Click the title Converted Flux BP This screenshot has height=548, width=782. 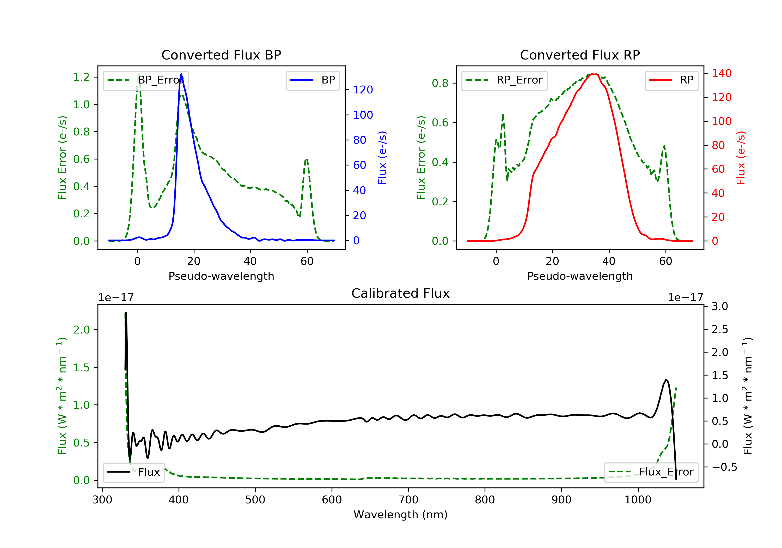(x=221, y=55)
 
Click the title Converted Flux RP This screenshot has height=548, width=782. (x=580, y=55)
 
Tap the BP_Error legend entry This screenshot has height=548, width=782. (x=146, y=80)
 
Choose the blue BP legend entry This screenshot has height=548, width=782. (x=313, y=80)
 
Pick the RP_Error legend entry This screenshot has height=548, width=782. (x=504, y=80)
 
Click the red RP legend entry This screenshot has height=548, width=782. (x=671, y=80)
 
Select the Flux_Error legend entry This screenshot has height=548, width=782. (x=651, y=472)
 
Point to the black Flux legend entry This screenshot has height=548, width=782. (x=134, y=472)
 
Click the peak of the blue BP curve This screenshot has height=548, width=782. (x=181, y=74)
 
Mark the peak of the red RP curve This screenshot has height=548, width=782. (x=593, y=74)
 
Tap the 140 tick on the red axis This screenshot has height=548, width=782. (x=721, y=73)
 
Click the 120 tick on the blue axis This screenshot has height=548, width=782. (x=363, y=90)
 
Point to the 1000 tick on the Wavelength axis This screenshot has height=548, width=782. (x=638, y=500)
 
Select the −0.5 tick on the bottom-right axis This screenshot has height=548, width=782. (x=724, y=467)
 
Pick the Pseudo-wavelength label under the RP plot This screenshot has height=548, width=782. (x=580, y=276)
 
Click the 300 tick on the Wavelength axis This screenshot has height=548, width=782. (x=102, y=500)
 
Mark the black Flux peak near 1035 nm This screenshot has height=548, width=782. (x=666, y=379)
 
